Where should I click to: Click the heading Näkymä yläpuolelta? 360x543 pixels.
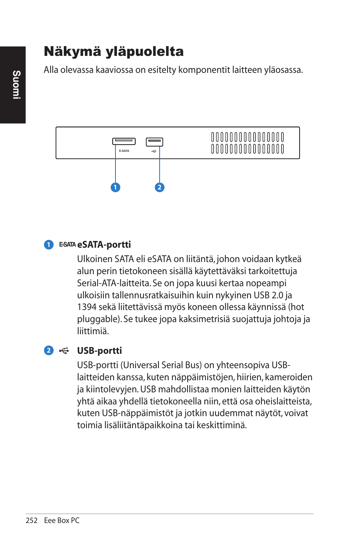(x=114, y=52)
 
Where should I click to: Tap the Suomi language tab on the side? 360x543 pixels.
(x=16, y=85)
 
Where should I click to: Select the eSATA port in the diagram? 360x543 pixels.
(x=124, y=141)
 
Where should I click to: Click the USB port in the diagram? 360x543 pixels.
(x=154, y=142)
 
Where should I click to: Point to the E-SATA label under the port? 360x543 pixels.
(x=124, y=151)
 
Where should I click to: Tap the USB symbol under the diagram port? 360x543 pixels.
(x=154, y=151)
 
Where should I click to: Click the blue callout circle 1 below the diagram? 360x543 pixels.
(x=115, y=187)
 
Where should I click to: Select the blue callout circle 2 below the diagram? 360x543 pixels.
(x=160, y=187)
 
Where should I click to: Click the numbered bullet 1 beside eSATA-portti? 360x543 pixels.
(x=49, y=245)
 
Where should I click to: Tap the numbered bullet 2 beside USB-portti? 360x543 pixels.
(x=49, y=350)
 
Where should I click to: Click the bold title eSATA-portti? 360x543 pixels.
(x=104, y=245)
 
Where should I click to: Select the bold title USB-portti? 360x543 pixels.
(x=99, y=351)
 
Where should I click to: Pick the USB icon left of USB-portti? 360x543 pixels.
(x=64, y=350)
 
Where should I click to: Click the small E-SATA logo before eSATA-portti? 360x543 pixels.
(x=68, y=245)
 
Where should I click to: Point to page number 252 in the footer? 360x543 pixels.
(x=32, y=520)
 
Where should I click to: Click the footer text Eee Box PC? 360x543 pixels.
(x=62, y=520)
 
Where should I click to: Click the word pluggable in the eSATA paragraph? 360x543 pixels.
(x=98, y=319)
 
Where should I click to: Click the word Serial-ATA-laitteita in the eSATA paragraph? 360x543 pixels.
(x=114, y=283)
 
